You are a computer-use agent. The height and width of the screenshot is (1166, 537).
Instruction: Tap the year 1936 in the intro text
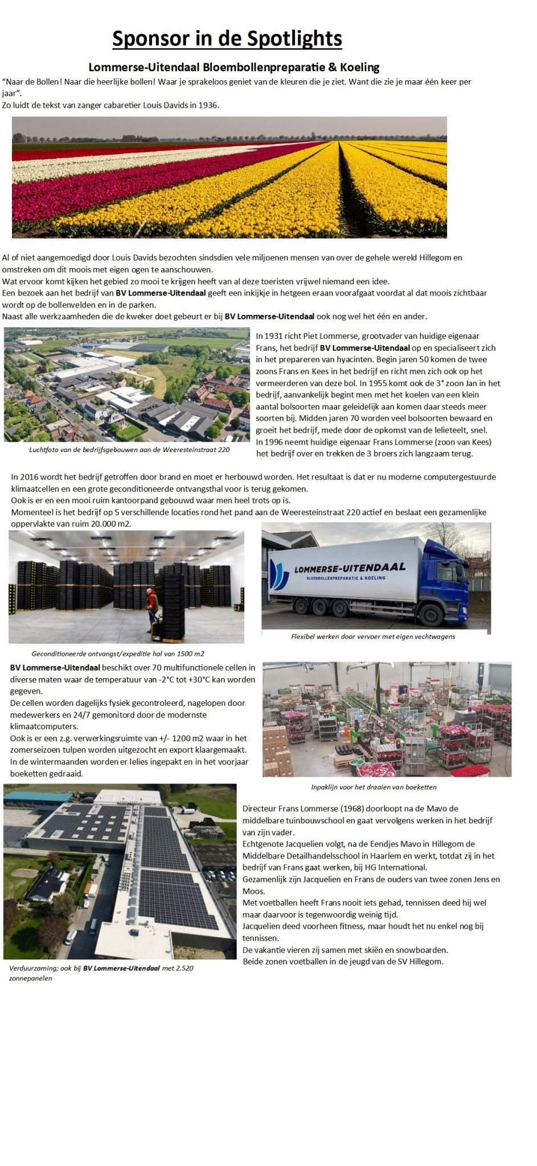[208, 105]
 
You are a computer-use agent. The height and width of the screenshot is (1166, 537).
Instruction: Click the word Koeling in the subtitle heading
[359, 68]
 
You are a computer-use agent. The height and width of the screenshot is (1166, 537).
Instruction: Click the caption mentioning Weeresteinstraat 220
[129, 450]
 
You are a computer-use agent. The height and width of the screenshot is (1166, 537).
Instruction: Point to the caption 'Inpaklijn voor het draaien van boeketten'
[374, 787]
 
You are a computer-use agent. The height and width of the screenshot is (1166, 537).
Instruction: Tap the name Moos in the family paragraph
[253, 891]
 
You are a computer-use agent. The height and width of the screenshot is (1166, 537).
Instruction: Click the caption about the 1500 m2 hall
[118, 654]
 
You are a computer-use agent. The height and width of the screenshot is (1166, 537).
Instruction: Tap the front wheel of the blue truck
[428, 615]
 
